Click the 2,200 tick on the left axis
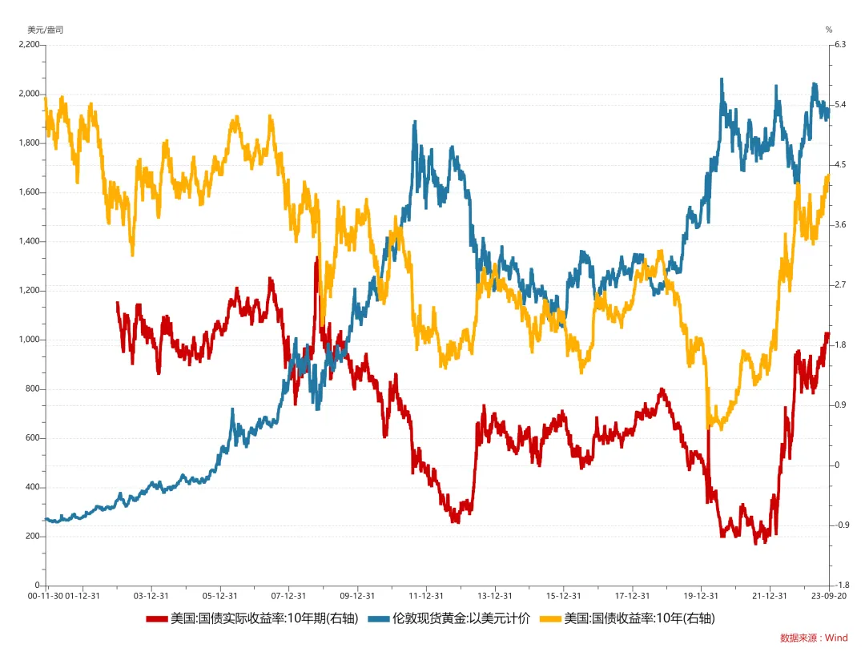pos(28,45)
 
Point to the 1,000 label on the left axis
pos(28,340)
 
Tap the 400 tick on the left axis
pos(33,487)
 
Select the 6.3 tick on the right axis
pos(840,45)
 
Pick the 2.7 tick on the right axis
pos(840,285)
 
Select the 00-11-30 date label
pos(45,596)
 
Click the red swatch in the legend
pos(156,619)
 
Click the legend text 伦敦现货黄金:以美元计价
pos(461,619)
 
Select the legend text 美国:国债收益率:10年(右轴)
pos(639,619)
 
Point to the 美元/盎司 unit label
pos(45,30)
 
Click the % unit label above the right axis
pos(830,30)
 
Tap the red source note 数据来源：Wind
pos(813,638)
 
